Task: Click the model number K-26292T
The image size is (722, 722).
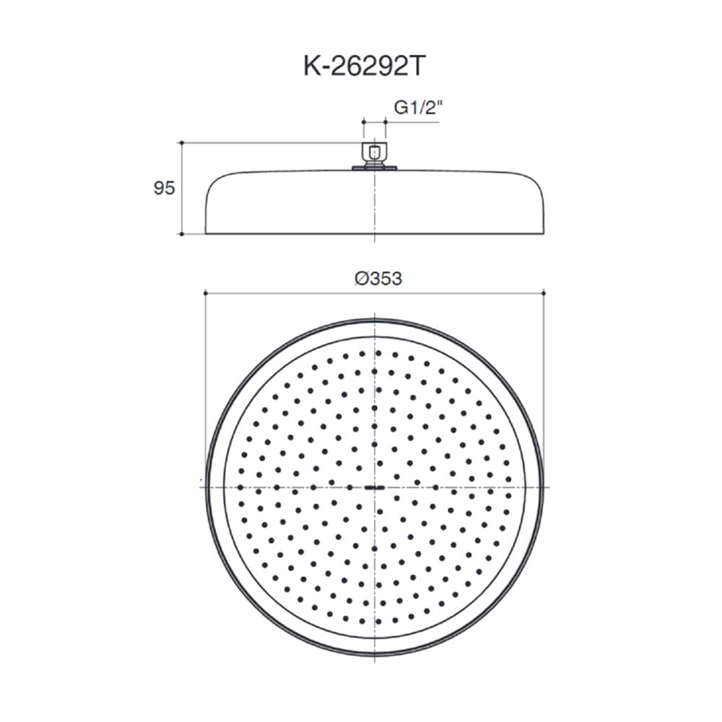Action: pyautogui.click(x=361, y=68)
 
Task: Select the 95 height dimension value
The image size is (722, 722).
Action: pyautogui.click(x=164, y=188)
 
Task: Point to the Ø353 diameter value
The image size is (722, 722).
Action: pyautogui.click(x=378, y=279)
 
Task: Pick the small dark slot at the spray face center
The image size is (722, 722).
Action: pyautogui.click(x=374, y=487)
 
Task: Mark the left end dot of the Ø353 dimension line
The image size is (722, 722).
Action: pyautogui.click(x=206, y=293)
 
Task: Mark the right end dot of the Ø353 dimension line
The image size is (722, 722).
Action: pyautogui.click(x=543, y=293)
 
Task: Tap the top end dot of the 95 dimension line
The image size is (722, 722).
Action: pyautogui.click(x=181, y=143)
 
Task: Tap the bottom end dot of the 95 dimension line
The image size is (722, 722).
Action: pyautogui.click(x=181, y=234)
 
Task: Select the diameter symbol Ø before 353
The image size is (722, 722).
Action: pyautogui.click(x=362, y=279)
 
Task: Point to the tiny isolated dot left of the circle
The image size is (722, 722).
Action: pyautogui.click(x=200, y=479)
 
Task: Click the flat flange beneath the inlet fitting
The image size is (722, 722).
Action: pyautogui.click(x=374, y=170)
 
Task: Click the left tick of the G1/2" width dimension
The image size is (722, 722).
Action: pyautogui.click(x=363, y=123)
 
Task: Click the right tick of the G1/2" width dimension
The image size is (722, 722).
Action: pyautogui.click(x=385, y=123)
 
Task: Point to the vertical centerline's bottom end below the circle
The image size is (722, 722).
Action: pyautogui.click(x=374, y=663)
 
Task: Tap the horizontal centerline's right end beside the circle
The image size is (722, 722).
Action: pyautogui.click(x=550, y=487)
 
